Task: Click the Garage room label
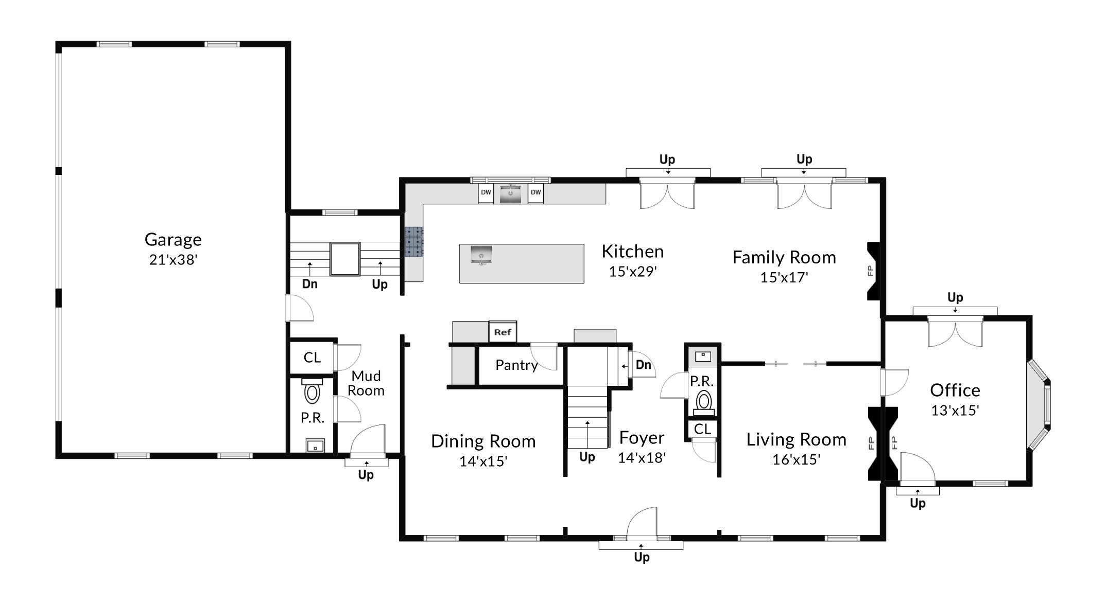pos(173,240)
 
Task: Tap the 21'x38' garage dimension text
pos(173,260)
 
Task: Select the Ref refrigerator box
pos(502,332)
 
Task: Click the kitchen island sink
pos(481,254)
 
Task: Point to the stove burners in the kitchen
pos(413,242)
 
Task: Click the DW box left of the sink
pos(486,192)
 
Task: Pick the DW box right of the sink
pos(535,192)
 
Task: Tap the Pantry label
pos(516,365)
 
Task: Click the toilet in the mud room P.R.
pos(312,393)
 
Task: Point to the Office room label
pos(955,390)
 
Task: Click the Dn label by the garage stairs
pos(309,284)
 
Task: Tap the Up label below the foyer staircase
pos(587,457)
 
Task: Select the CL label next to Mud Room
pos(312,358)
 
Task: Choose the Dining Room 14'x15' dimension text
pos(483,461)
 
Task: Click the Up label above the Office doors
pos(955,297)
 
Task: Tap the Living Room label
pos(796,440)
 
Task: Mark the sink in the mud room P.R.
pos(315,445)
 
